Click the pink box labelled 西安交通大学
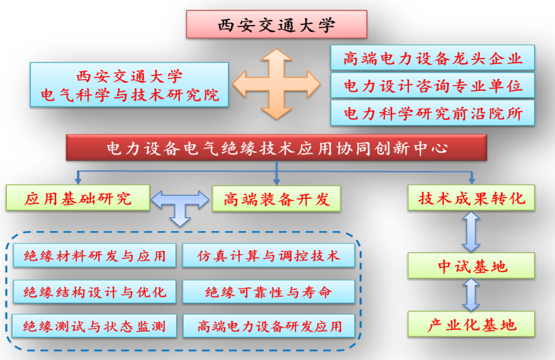pos(277,24)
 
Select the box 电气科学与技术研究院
pos(129,85)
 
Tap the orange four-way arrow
pos(277,84)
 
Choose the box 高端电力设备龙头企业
pos(432,57)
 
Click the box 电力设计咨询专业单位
pos(432,85)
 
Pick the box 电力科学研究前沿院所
pos(432,113)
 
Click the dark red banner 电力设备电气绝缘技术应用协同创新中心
pos(277,148)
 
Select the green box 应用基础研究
pos(78,198)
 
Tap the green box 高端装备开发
pos(277,199)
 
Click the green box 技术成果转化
pos(471,198)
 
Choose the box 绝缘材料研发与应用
pos(95,255)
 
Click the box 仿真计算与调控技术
pos(269,255)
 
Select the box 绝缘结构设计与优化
pos(95,292)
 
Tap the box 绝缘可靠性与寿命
pos(269,292)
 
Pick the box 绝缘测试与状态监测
pos(94,326)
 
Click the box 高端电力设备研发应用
pos(269,326)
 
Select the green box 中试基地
pos(471,265)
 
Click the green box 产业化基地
pos(471,324)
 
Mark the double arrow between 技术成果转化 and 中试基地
pos(471,232)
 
